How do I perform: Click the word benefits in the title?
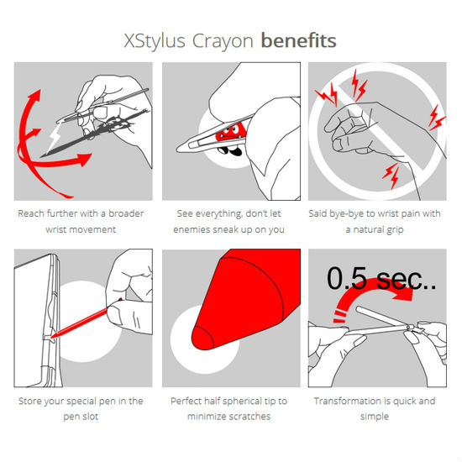coord(299,40)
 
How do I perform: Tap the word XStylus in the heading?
coord(155,40)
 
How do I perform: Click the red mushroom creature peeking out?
coord(231,134)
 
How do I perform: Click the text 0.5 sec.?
coord(381,279)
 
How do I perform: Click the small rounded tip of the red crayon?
coord(202,338)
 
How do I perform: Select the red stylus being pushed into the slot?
coord(86,319)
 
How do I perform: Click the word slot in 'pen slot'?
coord(90,417)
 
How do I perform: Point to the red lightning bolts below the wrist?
coord(391,176)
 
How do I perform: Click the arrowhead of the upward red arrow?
coord(34,96)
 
